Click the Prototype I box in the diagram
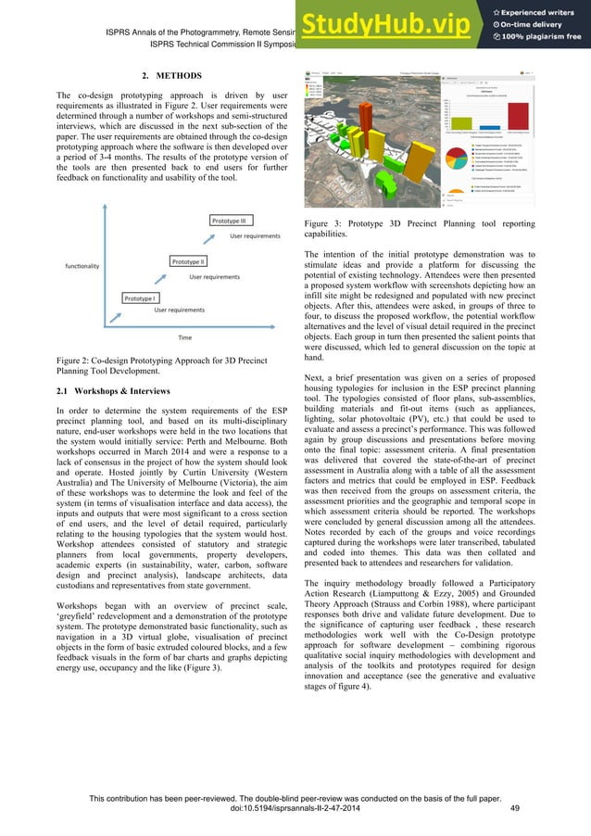pos(141,298)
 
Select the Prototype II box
pos(189,262)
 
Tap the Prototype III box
pos(228,222)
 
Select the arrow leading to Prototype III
pos(204,239)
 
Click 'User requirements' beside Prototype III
pos(255,236)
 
